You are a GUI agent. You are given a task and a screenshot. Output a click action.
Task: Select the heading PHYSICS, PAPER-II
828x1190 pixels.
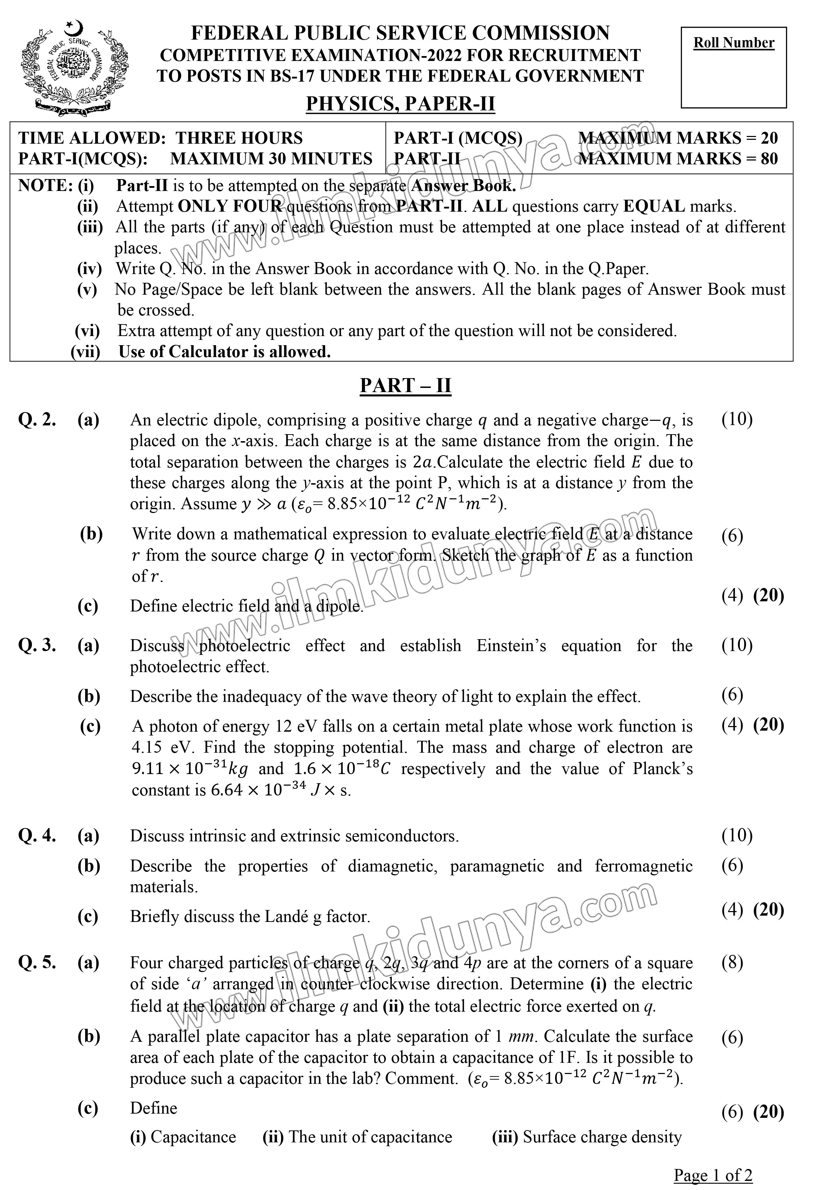click(400, 104)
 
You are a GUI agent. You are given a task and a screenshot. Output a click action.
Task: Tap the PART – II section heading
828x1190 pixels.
click(405, 385)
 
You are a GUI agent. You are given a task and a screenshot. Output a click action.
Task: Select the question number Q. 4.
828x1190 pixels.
click(37, 835)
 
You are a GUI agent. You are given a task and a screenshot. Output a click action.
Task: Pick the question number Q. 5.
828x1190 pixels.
click(37, 963)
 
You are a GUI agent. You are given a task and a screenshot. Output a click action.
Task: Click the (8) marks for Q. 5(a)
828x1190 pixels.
click(732, 963)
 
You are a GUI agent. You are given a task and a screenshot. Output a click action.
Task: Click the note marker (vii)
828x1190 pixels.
click(85, 351)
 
